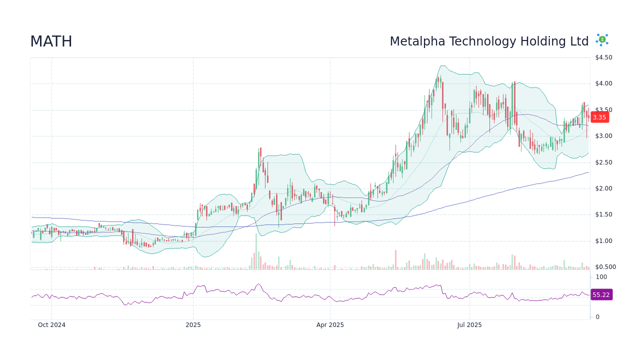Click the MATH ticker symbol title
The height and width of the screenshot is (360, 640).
51,41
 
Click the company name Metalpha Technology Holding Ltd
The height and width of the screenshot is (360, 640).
489,41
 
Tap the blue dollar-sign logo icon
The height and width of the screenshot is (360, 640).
602,40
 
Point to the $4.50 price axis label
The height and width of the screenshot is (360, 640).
603,57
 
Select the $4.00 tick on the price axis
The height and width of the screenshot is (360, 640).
603,83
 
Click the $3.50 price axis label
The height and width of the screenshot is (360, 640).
603,110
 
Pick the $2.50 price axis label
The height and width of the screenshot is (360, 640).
603,162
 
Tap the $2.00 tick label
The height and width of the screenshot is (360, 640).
603,188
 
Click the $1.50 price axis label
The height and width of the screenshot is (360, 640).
603,214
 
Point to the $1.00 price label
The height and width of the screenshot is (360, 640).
603,241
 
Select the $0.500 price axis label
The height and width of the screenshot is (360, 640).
605,267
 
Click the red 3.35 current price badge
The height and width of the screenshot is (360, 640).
599,117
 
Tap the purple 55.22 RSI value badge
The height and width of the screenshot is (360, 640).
601,295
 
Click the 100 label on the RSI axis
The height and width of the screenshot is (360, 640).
601,277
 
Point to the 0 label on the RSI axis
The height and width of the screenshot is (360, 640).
597,317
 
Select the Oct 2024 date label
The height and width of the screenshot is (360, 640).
51,325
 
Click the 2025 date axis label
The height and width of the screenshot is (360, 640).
193,325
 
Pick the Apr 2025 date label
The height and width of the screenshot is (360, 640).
330,325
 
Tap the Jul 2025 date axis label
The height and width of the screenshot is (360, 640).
469,325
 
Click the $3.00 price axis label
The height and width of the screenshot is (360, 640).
603,136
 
